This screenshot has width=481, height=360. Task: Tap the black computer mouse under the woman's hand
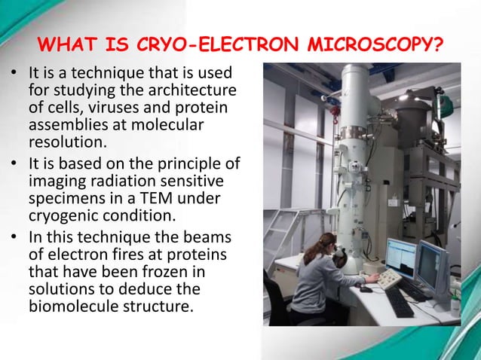point(366,288)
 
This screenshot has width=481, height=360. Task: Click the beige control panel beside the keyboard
point(390,279)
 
